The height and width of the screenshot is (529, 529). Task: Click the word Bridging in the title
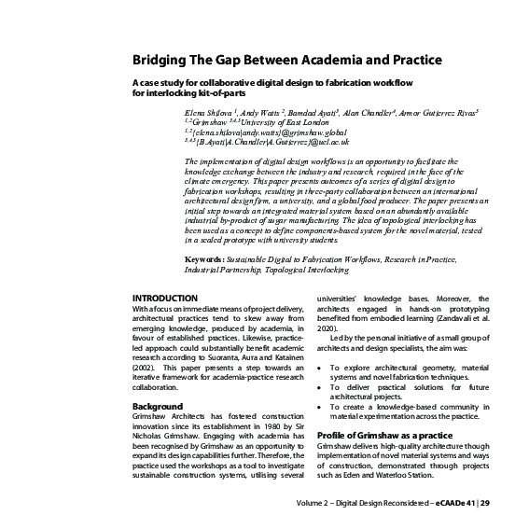[160, 62]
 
